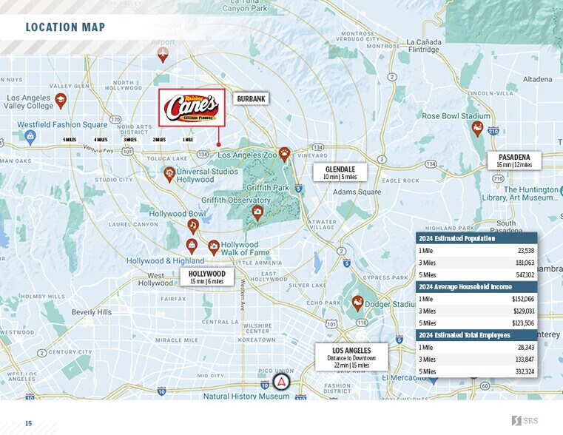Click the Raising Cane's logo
tap(192, 108)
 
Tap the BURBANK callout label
tap(251, 98)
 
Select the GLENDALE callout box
tap(340, 173)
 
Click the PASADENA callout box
tap(513, 161)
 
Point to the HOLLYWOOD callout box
tap(206, 277)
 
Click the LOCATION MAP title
tap(65, 28)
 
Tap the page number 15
tap(29, 423)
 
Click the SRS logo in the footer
tap(525, 421)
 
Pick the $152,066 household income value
tap(522, 299)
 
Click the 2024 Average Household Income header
tap(465, 287)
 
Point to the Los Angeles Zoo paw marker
tap(284, 155)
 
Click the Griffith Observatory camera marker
tap(257, 213)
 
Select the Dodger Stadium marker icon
tap(357, 303)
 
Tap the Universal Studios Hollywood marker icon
tap(169, 173)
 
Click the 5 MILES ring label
tap(70, 139)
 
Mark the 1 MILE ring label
tap(188, 139)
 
